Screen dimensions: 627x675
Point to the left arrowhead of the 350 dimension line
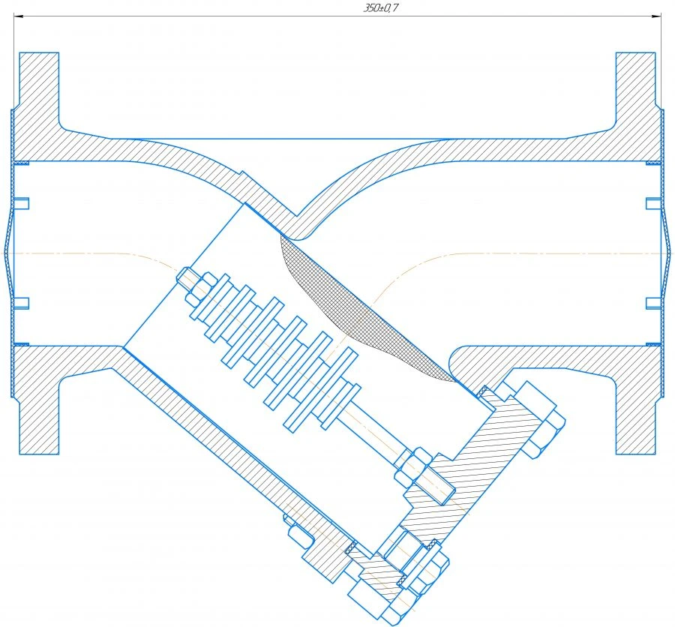pyautogui.click(x=19, y=15)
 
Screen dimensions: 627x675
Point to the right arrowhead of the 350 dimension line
pyautogui.click(x=658, y=15)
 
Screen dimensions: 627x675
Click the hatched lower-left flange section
pyautogui.click(x=37, y=405)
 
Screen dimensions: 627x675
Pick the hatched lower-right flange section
pyautogui.click(x=637, y=405)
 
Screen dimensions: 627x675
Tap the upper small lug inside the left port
pyautogui.click(x=21, y=203)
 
